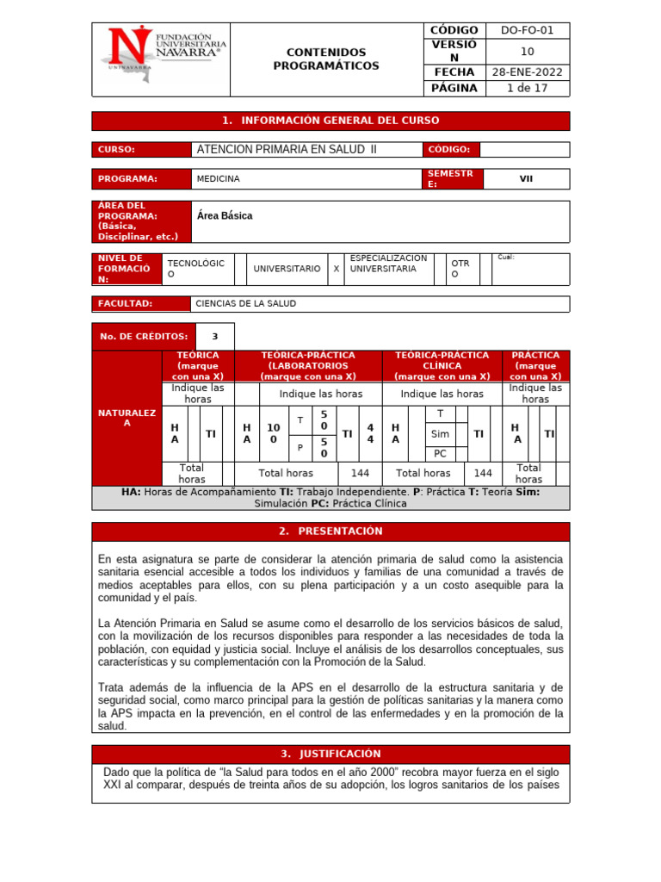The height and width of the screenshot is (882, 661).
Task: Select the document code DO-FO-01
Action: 528,30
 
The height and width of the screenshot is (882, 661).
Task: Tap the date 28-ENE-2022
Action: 528,72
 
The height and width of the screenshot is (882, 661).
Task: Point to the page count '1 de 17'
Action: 528,88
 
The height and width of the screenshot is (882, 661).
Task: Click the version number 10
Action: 528,51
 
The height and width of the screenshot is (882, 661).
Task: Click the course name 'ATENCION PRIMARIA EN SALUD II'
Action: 287,149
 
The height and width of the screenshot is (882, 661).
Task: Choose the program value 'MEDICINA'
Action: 219,178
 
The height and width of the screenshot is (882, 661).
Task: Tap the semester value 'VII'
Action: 526,178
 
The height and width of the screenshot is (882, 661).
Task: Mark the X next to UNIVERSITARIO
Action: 336,269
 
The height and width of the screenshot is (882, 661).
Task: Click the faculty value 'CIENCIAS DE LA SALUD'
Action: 245,303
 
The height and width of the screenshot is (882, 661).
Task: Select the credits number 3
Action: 215,337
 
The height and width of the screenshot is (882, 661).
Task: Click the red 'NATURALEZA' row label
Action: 126,418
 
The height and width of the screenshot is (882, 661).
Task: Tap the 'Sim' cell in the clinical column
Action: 440,434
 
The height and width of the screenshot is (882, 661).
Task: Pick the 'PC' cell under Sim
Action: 440,453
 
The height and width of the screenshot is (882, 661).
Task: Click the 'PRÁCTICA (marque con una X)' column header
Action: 534,365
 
